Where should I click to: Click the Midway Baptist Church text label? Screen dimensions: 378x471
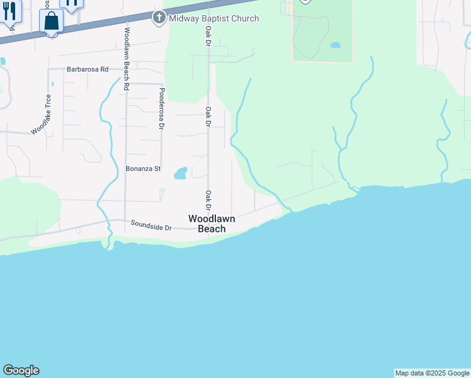point(213,18)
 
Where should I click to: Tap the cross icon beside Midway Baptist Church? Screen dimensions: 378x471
point(159,18)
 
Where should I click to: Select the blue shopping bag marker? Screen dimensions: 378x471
point(51,21)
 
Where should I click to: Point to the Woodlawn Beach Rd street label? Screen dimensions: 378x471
point(127,59)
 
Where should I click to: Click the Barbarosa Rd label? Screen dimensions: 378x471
point(88,69)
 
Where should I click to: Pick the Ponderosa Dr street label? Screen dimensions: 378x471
point(161,108)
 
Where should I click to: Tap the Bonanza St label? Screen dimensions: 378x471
point(144,169)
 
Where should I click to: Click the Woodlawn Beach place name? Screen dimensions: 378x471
point(212,224)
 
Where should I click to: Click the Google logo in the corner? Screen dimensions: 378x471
point(21,370)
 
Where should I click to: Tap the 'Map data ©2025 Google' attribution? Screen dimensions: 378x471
point(432,373)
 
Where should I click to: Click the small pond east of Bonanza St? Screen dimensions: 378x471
point(180,173)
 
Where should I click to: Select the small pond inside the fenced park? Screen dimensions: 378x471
point(335,45)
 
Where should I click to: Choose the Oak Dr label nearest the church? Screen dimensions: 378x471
point(207,36)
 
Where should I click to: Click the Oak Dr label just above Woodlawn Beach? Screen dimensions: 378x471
point(207,200)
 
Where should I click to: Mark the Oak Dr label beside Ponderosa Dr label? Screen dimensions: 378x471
point(207,117)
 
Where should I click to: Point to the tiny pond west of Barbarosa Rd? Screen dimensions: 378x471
point(2,61)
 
